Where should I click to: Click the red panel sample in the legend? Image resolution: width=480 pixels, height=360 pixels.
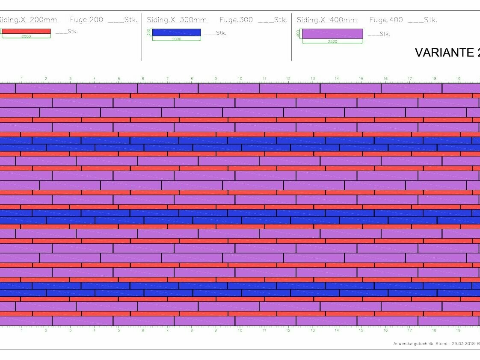pos(26,31)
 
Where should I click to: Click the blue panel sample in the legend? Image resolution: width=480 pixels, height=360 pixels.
pos(176,32)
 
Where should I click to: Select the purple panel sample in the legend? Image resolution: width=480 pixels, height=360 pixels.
pos(332,33)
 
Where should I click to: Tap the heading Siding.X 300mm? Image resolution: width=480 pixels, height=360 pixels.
pos(177,20)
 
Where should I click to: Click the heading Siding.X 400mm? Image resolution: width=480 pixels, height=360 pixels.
pos(327,20)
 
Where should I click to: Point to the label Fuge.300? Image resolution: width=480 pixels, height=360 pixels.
pos(236,20)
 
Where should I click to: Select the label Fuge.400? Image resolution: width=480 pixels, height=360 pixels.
pos(386,20)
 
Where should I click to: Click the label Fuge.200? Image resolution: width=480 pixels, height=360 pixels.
pos(86,20)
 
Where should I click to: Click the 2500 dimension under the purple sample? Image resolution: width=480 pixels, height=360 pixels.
pos(332,41)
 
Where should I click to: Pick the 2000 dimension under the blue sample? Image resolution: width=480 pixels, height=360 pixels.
pos(176,39)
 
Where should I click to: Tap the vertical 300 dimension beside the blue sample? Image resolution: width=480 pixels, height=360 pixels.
pos(148,32)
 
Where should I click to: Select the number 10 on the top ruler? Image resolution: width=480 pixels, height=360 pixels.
pos(240,79)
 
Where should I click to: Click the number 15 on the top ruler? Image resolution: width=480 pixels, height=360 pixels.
pos(361,79)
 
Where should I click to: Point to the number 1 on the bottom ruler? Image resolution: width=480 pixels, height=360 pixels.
pos(22,330)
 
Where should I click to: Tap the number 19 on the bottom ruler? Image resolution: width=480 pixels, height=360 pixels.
pos(458,330)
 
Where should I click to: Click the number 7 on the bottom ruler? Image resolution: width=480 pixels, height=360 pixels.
pos(167,330)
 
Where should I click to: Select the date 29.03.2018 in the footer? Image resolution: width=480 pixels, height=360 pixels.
pos(463,343)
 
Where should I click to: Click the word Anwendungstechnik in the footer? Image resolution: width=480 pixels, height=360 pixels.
pos(412,343)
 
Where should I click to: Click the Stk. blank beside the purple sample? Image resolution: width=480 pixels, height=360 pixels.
pos(379,34)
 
